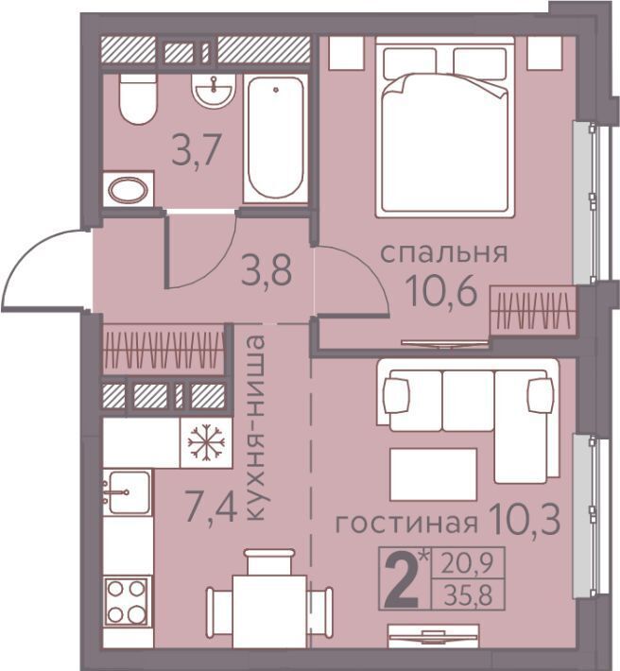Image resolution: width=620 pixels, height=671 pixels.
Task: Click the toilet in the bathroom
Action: [x=137, y=99]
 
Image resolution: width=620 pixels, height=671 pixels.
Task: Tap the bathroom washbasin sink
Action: [x=214, y=90]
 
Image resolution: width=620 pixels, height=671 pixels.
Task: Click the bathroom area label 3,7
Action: [x=196, y=149]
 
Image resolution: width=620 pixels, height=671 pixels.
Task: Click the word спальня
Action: [x=444, y=253]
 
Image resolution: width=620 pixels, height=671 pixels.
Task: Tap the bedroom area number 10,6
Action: [x=443, y=290]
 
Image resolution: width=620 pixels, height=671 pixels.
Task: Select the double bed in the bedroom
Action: [x=445, y=127]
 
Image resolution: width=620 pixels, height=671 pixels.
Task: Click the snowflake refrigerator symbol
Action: [x=206, y=442]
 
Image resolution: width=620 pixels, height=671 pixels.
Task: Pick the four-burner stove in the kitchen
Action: [x=126, y=602]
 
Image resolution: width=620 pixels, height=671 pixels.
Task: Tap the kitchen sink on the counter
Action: [x=128, y=492]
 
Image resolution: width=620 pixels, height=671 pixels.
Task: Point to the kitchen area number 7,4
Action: [x=212, y=507]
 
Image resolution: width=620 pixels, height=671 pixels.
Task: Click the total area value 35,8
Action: [x=468, y=595]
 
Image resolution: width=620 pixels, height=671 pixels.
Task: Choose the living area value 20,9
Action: [x=467, y=564]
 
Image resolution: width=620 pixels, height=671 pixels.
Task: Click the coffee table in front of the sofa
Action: [x=434, y=474]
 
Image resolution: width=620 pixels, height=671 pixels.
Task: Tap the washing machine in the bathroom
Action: [x=129, y=190]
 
